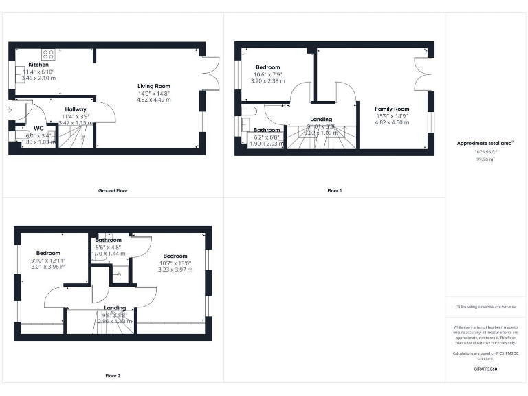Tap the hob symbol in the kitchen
point(49,54)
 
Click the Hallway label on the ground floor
point(76,109)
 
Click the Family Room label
point(392,109)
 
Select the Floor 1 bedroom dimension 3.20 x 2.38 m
point(268,81)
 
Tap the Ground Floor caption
point(113,190)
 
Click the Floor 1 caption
point(334,190)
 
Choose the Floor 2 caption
point(113,376)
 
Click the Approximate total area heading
point(485,143)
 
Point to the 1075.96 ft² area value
point(485,152)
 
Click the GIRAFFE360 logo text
point(485,369)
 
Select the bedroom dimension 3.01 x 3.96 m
point(48,267)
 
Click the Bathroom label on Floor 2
point(108,240)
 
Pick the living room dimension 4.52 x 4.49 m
point(153,100)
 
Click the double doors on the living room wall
point(210,73)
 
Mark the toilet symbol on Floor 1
point(249,110)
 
